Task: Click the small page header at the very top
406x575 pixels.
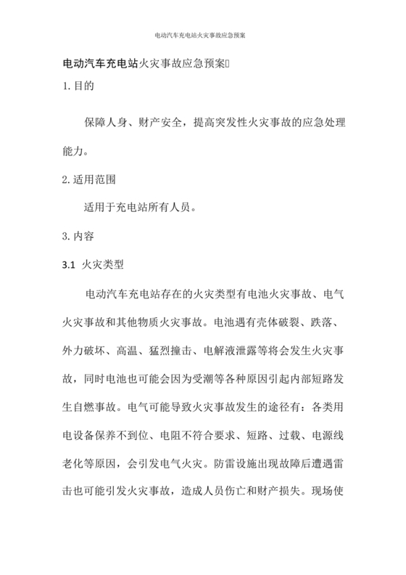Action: point(202,34)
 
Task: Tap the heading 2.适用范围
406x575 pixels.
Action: point(90,178)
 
